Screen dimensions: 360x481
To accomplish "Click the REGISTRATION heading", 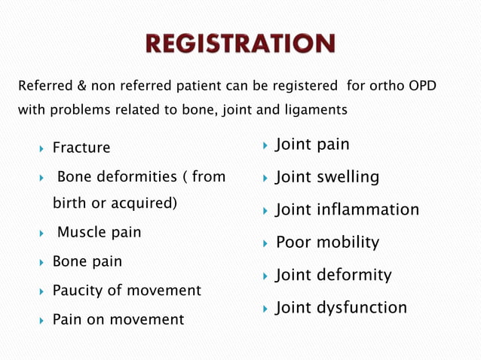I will (x=241, y=44).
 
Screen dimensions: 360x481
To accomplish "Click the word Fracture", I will (x=81, y=148).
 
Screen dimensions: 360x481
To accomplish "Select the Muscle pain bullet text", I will (x=99, y=232).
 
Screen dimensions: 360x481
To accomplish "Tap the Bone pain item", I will (x=87, y=261).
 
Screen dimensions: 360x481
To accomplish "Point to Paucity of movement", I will (x=126, y=290).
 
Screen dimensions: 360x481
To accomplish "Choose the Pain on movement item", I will (x=118, y=319).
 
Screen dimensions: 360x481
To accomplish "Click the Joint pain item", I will (x=312, y=144).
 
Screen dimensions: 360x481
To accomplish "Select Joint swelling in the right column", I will (x=326, y=177).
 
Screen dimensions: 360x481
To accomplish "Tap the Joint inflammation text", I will (x=347, y=209).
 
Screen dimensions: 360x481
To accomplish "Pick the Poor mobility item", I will (x=327, y=243).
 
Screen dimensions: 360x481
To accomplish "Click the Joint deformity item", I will (x=333, y=275).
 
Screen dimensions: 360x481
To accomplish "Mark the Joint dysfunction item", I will (x=341, y=307).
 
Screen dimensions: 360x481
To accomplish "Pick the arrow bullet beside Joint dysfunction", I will (x=265, y=308).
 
